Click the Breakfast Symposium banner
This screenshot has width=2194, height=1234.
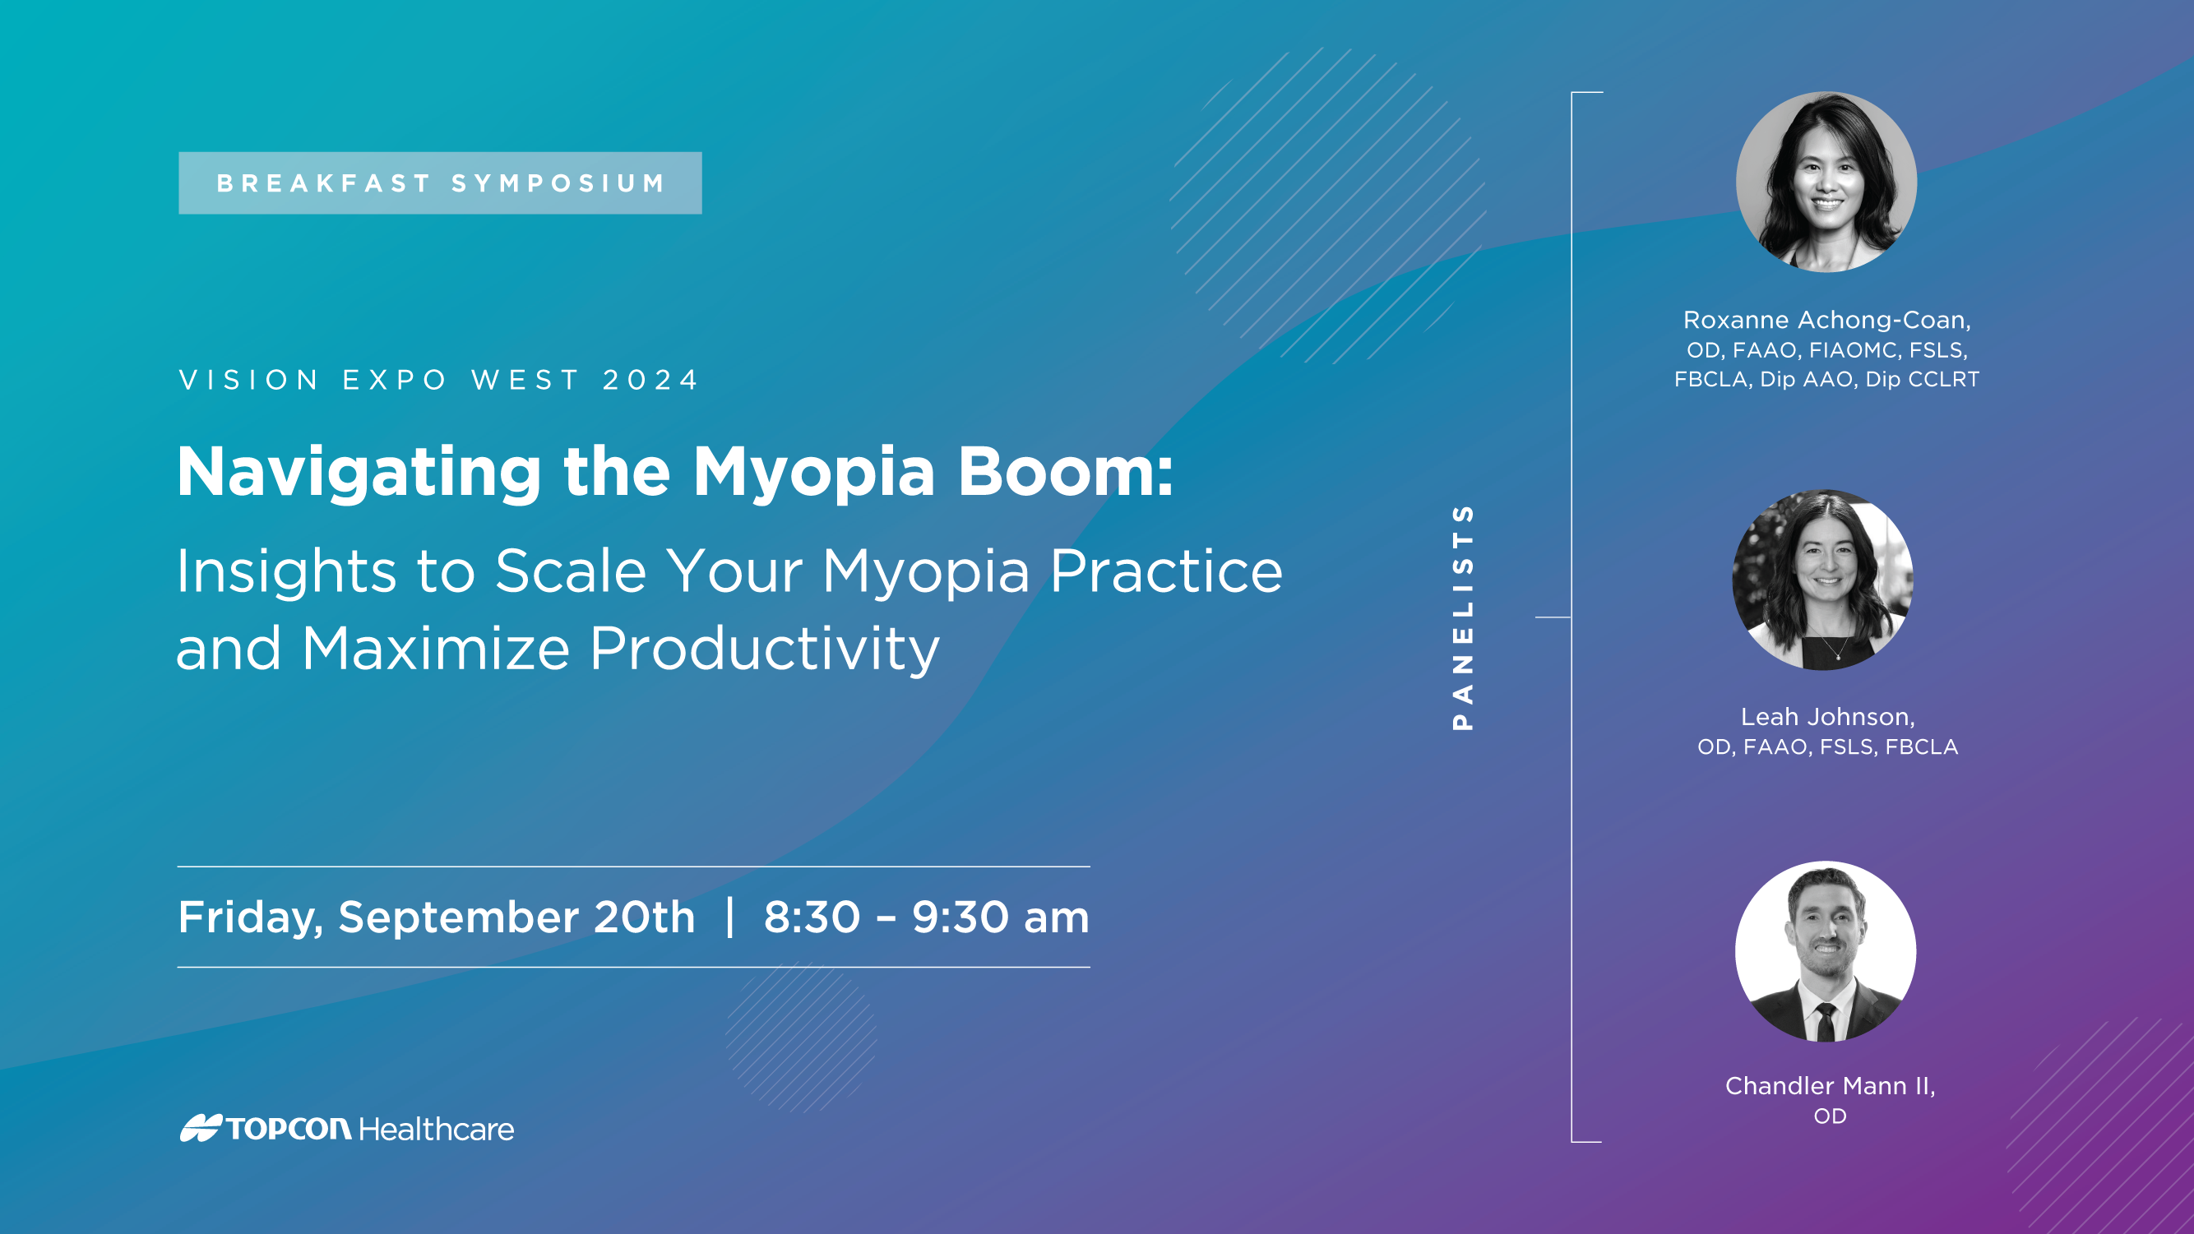coord(440,183)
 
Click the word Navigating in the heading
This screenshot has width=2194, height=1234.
coord(359,474)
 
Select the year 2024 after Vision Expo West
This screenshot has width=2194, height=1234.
coord(650,380)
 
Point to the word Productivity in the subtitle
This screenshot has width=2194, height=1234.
coord(764,649)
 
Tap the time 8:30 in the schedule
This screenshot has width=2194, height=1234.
coord(812,917)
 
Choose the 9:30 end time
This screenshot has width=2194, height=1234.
coord(960,917)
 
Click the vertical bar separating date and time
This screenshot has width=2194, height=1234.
coord(730,917)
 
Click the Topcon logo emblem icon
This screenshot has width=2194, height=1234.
coord(201,1128)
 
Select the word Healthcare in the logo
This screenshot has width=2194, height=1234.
coord(436,1130)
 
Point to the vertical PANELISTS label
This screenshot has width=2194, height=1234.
coord(1462,617)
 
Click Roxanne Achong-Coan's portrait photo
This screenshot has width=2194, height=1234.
coord(1826,182)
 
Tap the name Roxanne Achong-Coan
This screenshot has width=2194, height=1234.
coord(1826,320)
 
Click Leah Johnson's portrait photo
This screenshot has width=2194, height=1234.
coord(1822,579)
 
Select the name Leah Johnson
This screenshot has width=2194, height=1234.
coord(1827,717)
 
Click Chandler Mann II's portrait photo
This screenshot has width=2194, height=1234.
coord(1826,951)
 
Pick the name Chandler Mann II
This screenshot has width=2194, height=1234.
coord(1830,1086)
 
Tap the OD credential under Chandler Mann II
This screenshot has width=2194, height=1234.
coord(1830,1116)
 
